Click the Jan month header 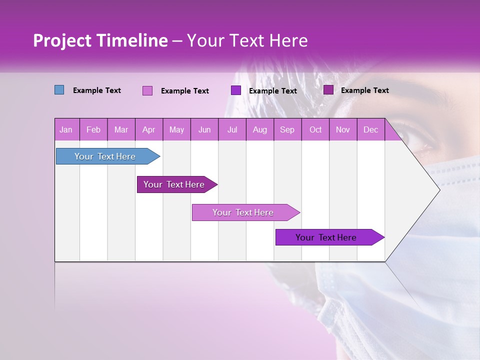[x=66, y=130]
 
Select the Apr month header [x=149, y=130]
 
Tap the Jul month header [x=232, y=130]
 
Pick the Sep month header [x=287, y=130]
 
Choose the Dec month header [x=370, y=130]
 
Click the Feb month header [x=93, y=130]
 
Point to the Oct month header [x=315, y=130]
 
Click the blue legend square [x=59, y=90]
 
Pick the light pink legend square [x=147, y=90]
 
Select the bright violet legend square [x=236, y=90]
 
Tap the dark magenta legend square [x=328, y=90]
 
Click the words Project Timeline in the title [x=100, y=40]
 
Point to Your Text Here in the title [x=247, y=40]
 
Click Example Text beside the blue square [x=97, y=90]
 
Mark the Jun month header [x=204, y=130]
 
